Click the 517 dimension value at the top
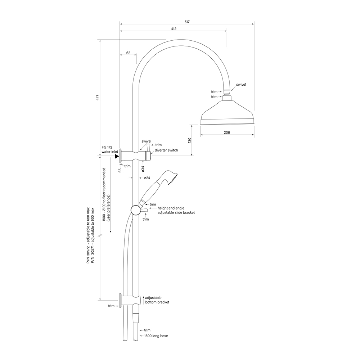tap(187, 22)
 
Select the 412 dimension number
tap(174, 29)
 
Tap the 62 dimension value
tap(128, 53)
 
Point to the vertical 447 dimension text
tap(98, 98)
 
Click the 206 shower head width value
tap(227, 132)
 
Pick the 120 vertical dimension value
tap(189, 140)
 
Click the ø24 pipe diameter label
tap(147, 178)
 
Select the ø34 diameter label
tap(143, 168)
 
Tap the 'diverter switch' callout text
tap(166, 150)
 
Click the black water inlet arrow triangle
tap(117, 156)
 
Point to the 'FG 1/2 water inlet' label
tap(108, 150)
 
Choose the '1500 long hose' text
tap(156, 336)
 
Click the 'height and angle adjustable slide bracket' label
tap(176, 210)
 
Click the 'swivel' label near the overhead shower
tap(241, 85)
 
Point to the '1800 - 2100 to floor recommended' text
tap(104, 194)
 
